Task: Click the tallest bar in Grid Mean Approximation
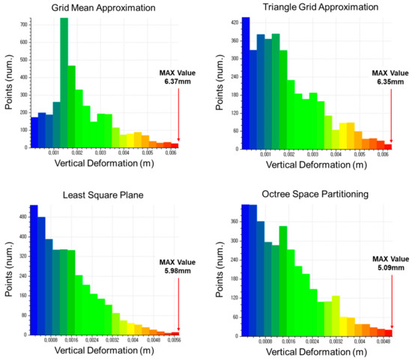[x=64, y=82]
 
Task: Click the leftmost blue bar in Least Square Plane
[x=34, y=269]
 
